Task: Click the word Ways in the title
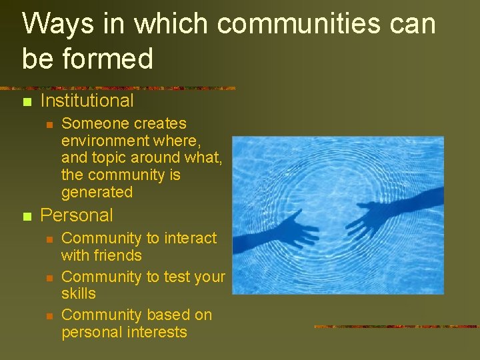click(52, 25)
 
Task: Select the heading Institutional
click(87, 101)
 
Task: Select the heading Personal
click(77, 215)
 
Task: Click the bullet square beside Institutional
click(27, 102)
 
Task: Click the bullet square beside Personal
click(27, 217)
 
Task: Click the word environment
click(105, 141)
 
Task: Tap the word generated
click(97, 193)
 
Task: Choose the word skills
click(79, 294)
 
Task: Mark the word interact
click(189, 239)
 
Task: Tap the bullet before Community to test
click(48, 278)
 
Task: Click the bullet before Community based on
click(48, 316)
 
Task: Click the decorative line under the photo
click(396, 327)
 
